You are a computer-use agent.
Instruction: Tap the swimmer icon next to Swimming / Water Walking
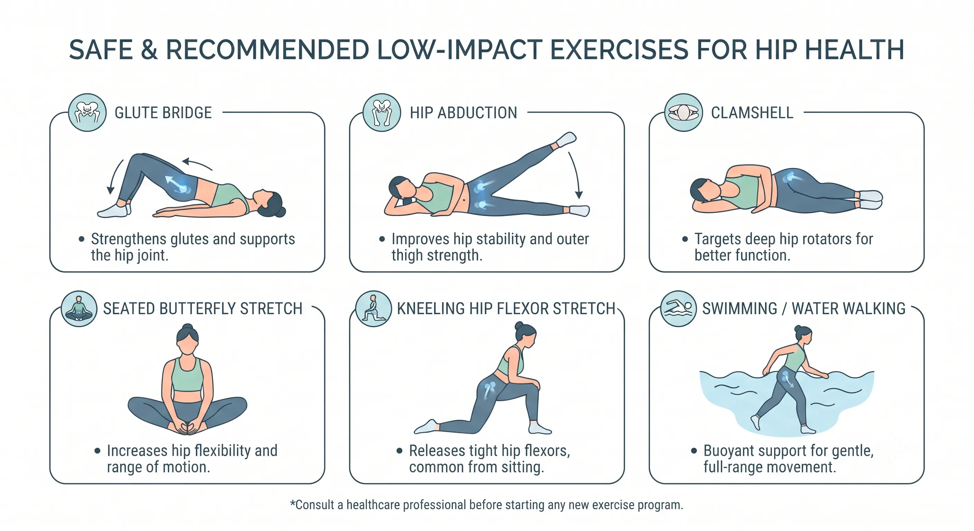(678, 308)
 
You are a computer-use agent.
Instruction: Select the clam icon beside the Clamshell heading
(683, 113)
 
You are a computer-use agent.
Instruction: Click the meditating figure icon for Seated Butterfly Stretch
(79, 308)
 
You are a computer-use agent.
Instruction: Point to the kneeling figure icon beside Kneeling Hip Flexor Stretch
(374, 308)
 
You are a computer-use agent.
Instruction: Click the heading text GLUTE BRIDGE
(163, 113)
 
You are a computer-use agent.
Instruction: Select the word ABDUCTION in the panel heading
(477, 113)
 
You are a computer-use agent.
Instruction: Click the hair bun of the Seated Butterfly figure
(187, 328)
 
